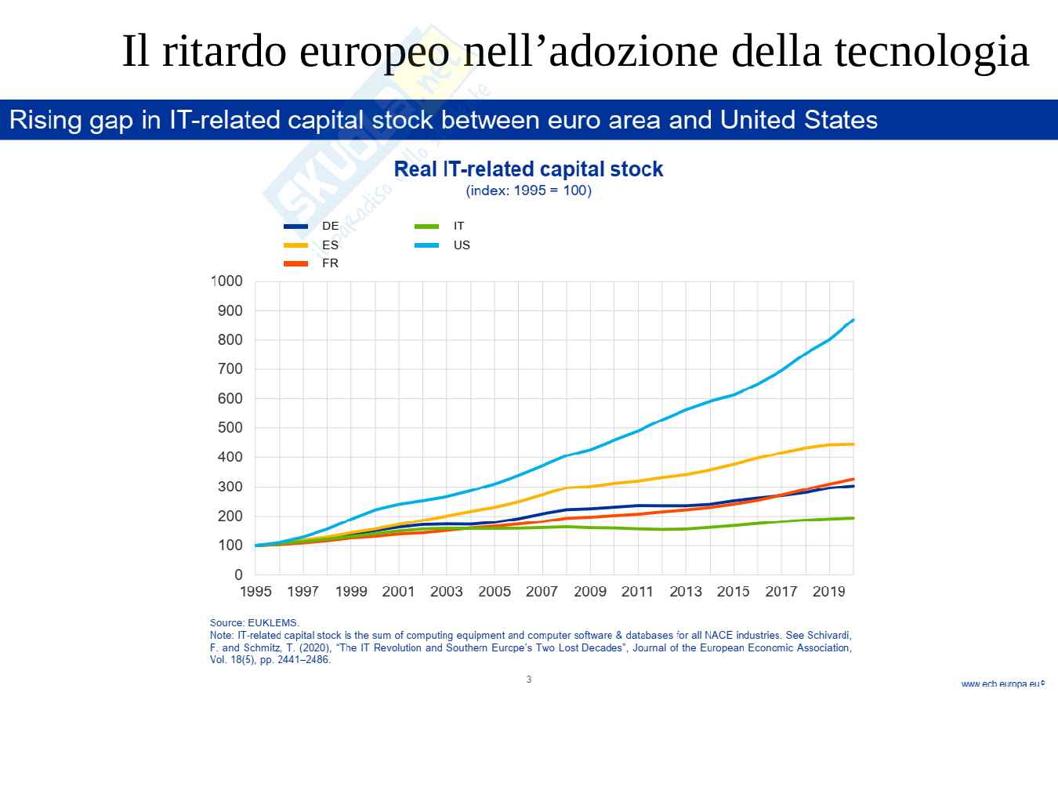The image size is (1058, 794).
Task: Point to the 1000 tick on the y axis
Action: tap(226, 281)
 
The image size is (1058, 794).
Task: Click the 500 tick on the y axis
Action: tap(230, 428)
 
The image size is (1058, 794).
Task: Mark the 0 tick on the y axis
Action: tap(238, 575)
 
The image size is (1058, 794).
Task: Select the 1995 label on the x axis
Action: tap(255, 592)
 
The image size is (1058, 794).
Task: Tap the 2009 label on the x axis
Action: tap(589, 592)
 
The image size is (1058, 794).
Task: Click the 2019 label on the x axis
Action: tap(828, 592)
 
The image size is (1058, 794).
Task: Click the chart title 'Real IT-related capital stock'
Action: tap(528, 169)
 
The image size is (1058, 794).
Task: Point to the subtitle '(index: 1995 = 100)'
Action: tap(528, 190)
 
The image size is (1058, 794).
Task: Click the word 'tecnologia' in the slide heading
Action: tap(931, 52)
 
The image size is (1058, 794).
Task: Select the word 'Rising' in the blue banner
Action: tap(45, 120)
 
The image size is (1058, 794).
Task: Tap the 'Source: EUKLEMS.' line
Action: tap(255, 623)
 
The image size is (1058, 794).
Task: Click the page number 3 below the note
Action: tap(529, 680)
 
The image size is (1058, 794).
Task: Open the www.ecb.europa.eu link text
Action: tap(1002, 684)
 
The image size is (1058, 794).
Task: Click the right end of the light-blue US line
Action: tap(853, 320)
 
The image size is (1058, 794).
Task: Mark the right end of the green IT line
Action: tap(853, 518)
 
